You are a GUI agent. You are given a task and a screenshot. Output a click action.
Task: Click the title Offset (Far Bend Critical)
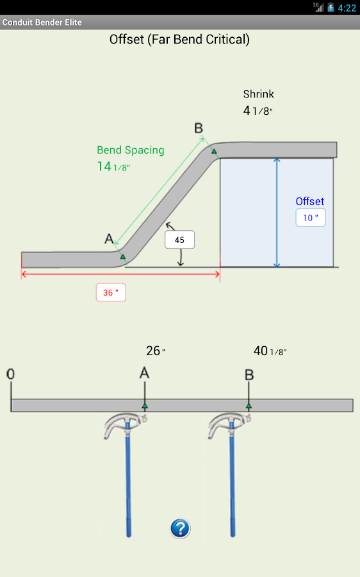point(179,40)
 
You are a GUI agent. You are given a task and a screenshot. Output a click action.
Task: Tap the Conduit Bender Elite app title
point(42,22)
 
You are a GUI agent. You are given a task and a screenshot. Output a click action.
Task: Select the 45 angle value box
point(179,240)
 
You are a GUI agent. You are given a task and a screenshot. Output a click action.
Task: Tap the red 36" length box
point(111,292)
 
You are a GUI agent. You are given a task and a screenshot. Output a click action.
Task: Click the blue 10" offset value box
point(311,218)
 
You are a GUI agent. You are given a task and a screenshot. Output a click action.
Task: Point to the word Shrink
point(258,94)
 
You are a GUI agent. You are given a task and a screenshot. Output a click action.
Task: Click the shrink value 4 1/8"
point(258,111)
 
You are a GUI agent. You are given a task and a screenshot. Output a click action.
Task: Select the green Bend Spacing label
point(131,150)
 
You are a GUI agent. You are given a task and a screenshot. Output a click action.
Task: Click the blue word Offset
point(310,201)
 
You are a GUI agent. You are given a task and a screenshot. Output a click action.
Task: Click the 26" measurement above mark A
point(155,351)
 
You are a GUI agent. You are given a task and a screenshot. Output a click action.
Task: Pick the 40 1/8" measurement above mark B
point(270,351)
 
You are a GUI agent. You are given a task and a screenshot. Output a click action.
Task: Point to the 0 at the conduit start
point(11,374)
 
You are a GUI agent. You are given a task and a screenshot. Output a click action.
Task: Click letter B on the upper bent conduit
point(199,128)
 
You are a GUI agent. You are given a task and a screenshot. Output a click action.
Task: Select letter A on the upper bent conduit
point(109,239)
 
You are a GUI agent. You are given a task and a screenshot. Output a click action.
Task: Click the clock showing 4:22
point(347,8)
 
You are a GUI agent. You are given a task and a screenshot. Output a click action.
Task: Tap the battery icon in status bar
point(331,8)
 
